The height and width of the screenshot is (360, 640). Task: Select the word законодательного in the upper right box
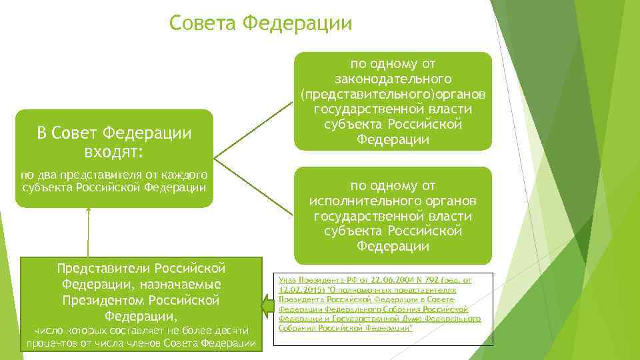(393, 79)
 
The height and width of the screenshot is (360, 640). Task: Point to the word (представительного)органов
(393, 94)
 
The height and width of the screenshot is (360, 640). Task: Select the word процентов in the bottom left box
(51, 343)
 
